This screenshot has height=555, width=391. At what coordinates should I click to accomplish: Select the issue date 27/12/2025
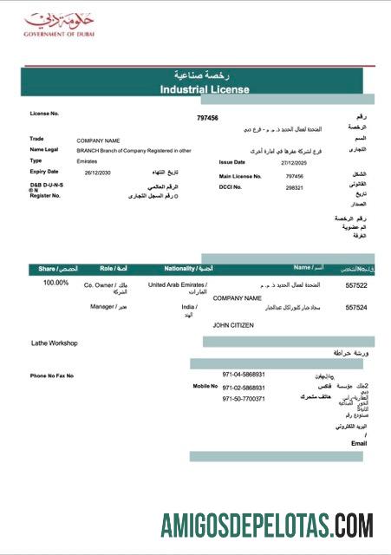pyautogui.click(x=296, y=162)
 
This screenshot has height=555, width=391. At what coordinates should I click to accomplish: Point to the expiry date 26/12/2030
pyautogui.click(x=98, y=173)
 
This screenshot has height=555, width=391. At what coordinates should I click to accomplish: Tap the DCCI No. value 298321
pyautogui.click(x=295, y=187)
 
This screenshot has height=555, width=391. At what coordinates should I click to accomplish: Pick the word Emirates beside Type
pyautogui.click(x=87, y=160)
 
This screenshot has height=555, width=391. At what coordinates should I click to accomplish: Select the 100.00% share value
pyautogui.click(x=55, y=283)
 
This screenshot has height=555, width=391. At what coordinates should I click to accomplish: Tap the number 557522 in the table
pyautogui.click(x=356, y=284)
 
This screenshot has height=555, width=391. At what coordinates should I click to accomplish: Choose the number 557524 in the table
pyautogui.click(x=356, y=308)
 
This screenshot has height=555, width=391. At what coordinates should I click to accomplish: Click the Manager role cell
pyautogui.click(x=109, y=307)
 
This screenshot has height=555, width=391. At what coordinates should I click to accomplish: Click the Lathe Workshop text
pyautogui.click(x=55, y=343)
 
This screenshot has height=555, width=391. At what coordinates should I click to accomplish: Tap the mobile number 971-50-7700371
pyautogui.click(x=244, y=399)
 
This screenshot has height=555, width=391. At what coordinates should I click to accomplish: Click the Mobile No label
pyautogui.click(x=205, y=386)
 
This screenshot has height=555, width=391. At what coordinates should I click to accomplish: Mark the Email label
pyautogui.click(x=359, y=443)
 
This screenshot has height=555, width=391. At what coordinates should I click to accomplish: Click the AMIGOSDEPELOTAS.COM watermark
pyautogui.click(x=267, y=526)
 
